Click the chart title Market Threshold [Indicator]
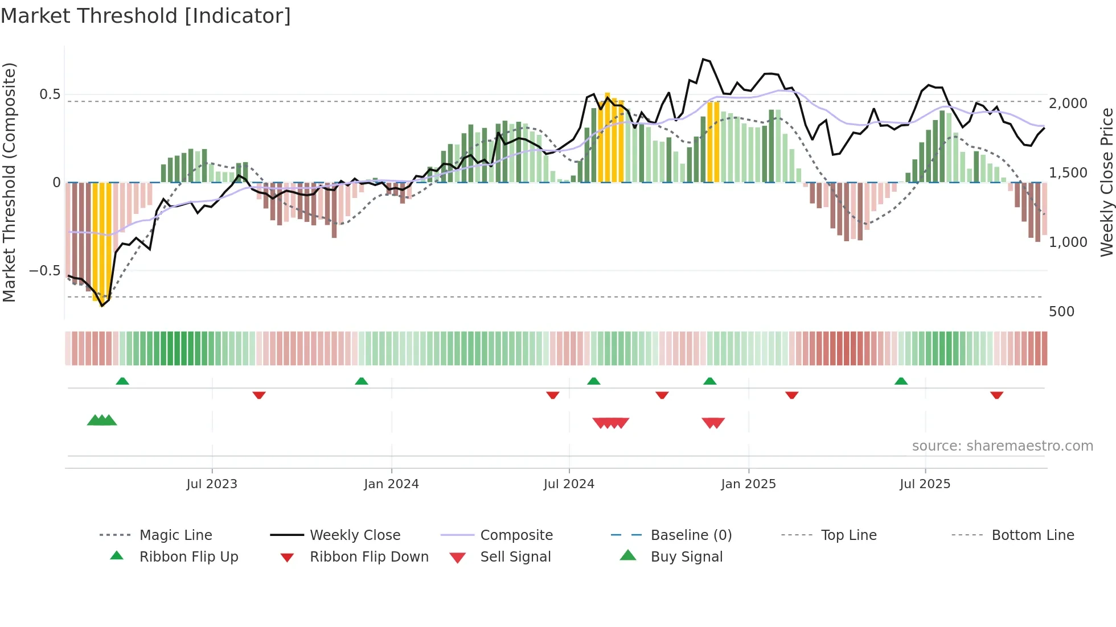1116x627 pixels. [146, 16]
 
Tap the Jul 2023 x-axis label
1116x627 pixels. [211, 484]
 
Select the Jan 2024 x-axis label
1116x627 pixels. [391, 484]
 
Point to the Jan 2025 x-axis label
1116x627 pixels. [748, 484]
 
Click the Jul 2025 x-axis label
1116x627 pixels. [925, 484]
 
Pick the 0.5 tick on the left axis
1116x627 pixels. [50, 94]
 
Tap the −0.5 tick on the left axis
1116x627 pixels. [44, 271]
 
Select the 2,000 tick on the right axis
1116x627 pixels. [1068, 104]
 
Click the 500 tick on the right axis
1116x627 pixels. [1061, 312]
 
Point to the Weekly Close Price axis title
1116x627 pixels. [1106, 182]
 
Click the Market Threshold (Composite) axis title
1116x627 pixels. [9, 182]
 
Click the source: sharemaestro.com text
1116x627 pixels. [1002, 446]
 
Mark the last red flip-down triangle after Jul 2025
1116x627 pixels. [996, 395]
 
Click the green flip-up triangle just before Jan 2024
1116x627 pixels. [361, 381]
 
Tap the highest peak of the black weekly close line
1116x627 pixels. [704, 59]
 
